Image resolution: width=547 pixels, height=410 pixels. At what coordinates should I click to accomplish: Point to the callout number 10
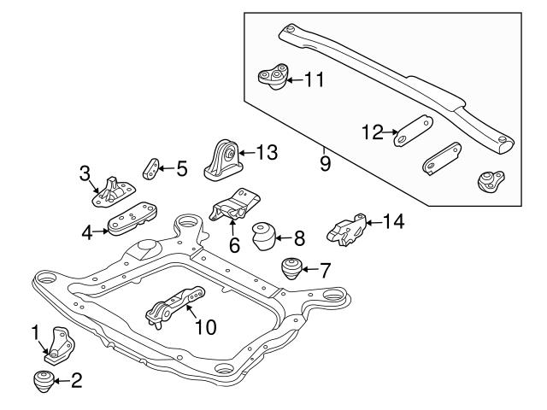click(x=206, y=326)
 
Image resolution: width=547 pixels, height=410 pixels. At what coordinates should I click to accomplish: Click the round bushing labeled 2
click(x=44, y=381)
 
